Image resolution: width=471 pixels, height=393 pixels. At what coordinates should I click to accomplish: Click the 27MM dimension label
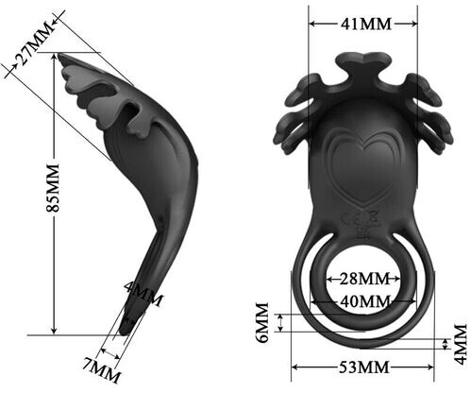click(35, 43)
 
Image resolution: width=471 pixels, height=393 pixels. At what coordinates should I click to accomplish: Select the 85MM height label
click(53, 188)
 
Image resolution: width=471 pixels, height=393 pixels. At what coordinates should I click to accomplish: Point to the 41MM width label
click(366, 24)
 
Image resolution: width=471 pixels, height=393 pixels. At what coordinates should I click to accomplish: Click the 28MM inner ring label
click(364, 279)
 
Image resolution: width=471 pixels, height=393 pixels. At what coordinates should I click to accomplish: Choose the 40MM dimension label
click(365, 301)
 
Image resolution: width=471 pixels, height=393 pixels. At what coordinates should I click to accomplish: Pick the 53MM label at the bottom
click(364, 367)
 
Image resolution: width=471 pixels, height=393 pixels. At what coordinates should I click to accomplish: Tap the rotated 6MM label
click(261, 322)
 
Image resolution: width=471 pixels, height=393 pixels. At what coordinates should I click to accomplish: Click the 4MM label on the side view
click(143, 294)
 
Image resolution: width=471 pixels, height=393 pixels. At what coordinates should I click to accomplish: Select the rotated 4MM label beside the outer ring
click(461, 344)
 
